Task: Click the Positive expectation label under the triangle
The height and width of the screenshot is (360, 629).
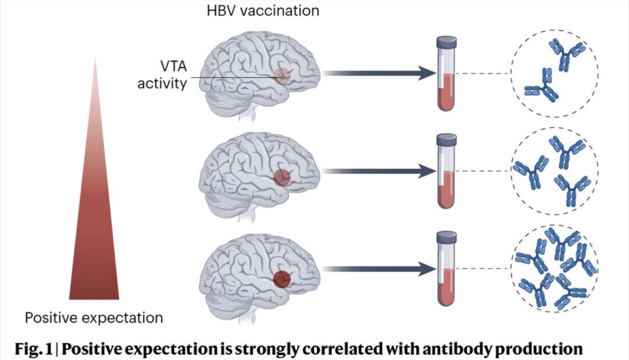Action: (x=94, y=318)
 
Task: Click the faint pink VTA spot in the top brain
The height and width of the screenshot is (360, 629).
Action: (x=282, y=76)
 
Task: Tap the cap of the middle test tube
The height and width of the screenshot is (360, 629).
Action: (x=446, y=141)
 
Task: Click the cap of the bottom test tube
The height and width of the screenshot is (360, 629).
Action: (x=446, y=238)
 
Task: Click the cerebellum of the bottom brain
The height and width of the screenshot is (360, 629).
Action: (x=243, y=296)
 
